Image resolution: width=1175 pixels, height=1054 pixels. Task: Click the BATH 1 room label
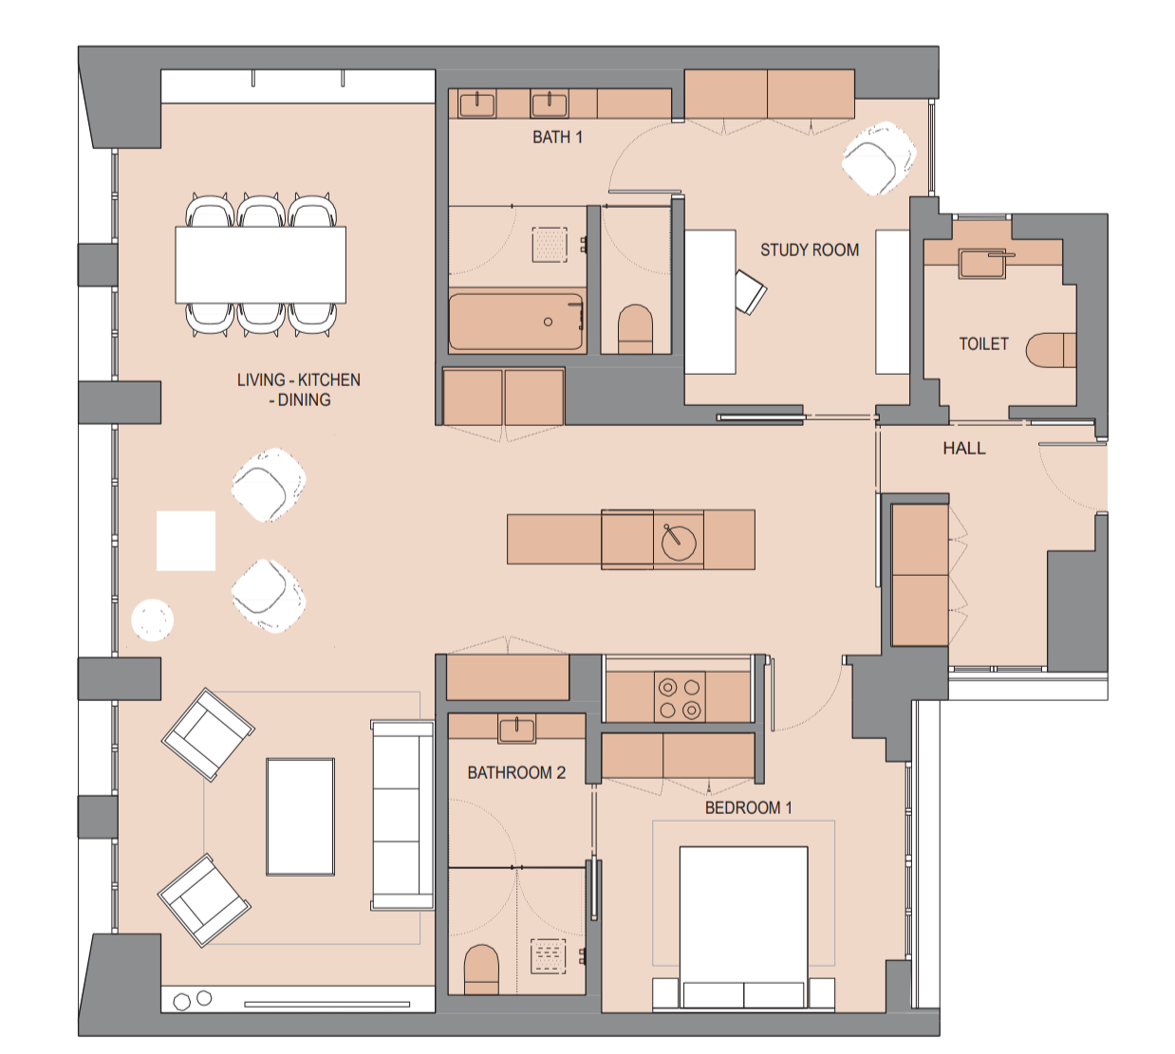click(557, 138)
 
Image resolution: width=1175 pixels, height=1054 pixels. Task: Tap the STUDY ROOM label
click(809, 250)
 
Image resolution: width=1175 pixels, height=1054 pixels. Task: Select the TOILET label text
click(983, 344)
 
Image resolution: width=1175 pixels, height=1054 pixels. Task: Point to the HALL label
click(963, 449)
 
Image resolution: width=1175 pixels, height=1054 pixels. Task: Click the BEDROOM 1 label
click(748, 808)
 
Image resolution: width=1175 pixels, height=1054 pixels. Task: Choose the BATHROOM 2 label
click(516, 773)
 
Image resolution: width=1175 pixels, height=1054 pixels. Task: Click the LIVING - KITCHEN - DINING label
click(299, 390)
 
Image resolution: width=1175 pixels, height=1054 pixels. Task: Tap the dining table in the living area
click(260, 265)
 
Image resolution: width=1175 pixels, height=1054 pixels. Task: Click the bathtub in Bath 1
click(516, 322)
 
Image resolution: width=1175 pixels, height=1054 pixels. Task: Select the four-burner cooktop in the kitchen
click(680, 697)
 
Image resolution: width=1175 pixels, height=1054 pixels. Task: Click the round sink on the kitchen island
click(679, 542)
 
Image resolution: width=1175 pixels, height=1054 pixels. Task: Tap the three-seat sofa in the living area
click(402, 815)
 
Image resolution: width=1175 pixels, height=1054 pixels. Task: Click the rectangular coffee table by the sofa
click(300, 816)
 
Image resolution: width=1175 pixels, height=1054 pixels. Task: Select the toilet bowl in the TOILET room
click(1050, 349)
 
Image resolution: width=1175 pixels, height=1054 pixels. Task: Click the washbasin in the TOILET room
click(982, 263)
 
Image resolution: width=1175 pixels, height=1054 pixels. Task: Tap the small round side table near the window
click(152, 620)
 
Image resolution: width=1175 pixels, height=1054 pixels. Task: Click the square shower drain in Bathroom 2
click(548, 956)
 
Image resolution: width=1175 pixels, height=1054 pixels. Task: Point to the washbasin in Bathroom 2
click(516, 730)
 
